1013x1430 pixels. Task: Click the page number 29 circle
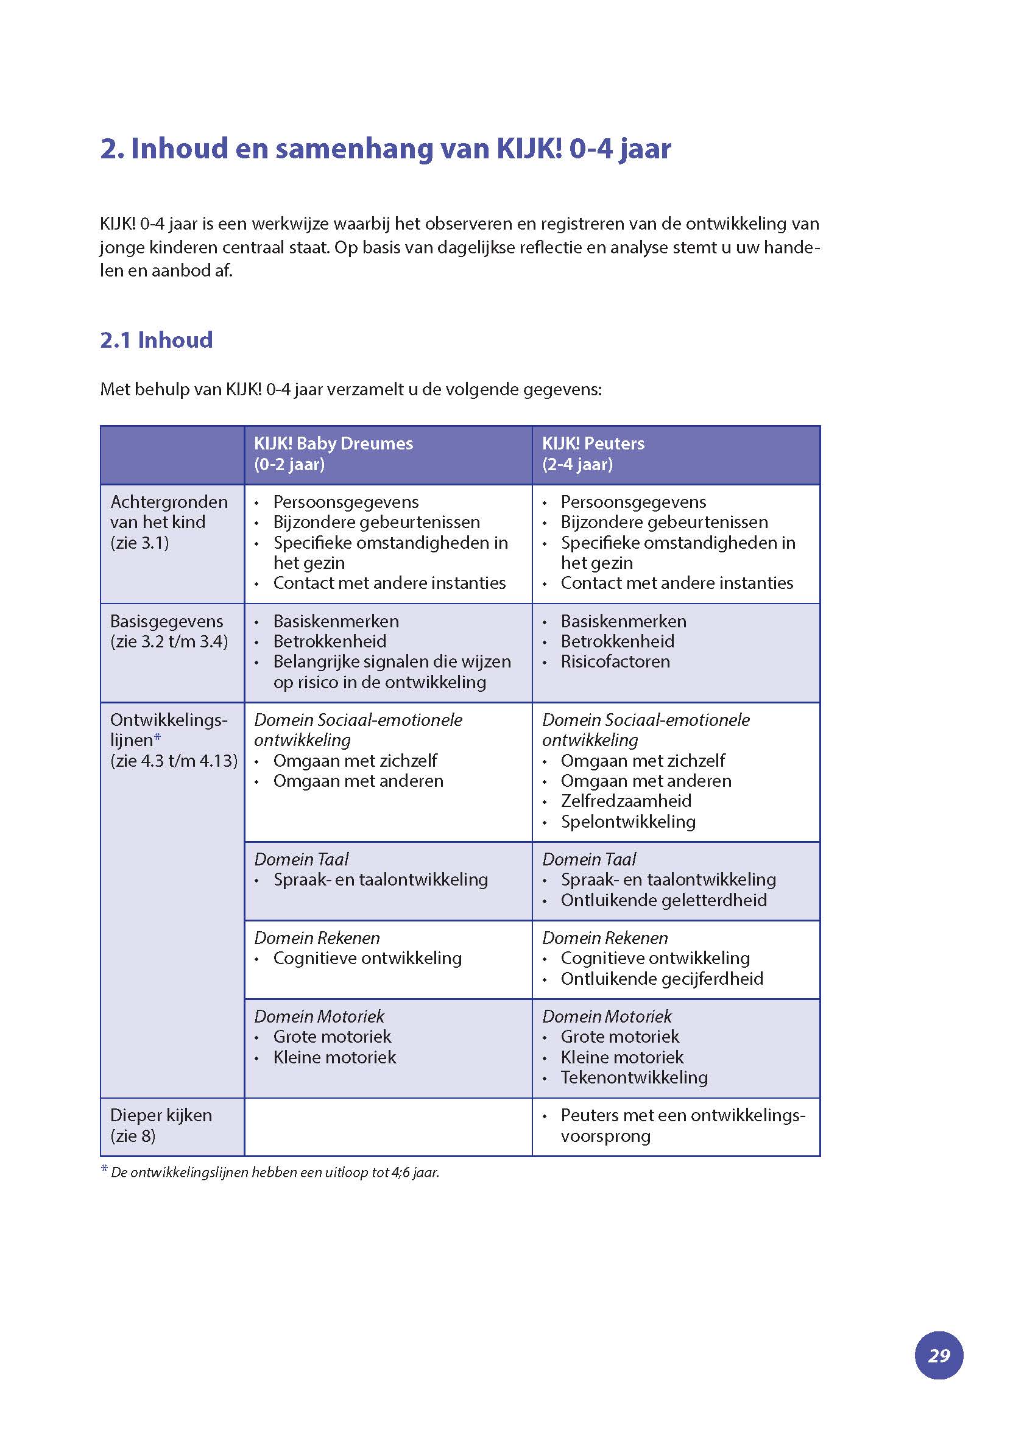point(938,1355)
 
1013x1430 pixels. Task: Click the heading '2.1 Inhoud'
point(156,340)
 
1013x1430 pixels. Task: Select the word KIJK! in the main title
point(529,149)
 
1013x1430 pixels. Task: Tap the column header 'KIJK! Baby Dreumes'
point(333,443)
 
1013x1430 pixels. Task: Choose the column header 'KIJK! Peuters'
point(593,443)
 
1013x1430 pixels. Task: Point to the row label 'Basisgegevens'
point(166,621)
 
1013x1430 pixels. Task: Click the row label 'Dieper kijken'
point(161,1115)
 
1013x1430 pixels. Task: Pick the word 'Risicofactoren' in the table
point(615,661)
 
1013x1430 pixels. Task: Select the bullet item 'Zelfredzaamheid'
point(626,801)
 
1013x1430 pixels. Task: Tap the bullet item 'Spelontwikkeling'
point(627,822)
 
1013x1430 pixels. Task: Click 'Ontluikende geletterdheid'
point(663,900)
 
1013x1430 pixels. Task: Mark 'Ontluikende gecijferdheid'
point(661,979)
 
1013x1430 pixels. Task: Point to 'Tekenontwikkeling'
point(634,1077)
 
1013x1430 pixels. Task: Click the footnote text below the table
point(275,1172)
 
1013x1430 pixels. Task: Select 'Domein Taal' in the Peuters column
point(588,859)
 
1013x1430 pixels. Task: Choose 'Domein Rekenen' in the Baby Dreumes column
point(316,938)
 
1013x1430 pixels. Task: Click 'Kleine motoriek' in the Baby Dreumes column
point(334,1057)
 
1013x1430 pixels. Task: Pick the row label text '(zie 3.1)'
point(139,543)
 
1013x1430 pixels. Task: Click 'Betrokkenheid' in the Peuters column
point(617,641)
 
